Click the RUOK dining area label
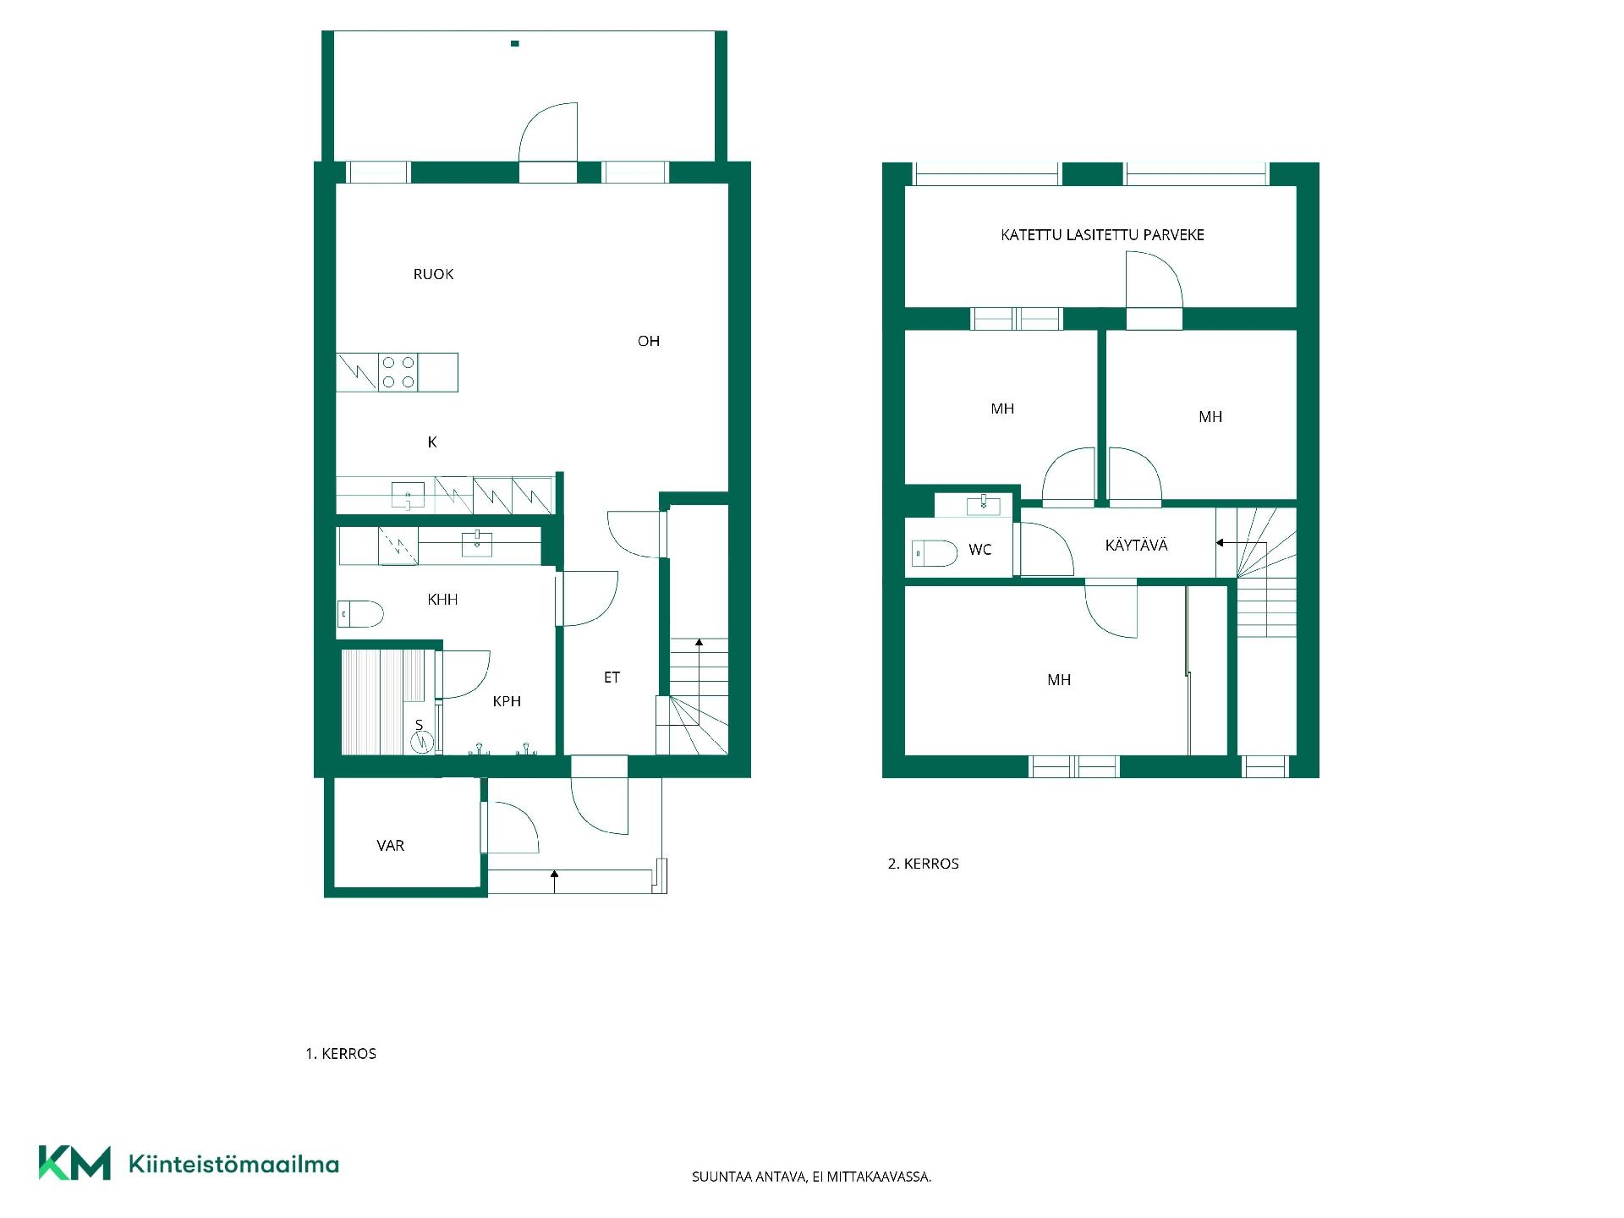tap(433, 274)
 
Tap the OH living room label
tap(649, 341)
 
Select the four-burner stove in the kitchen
tap(398, 372)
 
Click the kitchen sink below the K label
tap(408, 495)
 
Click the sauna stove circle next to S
tap(421, 742)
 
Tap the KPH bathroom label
tap(507, 701)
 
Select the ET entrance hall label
tap(612, 678)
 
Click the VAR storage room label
tap(391, 845)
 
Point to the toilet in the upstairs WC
tap(935, 553)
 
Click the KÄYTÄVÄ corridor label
tap(1137, 546)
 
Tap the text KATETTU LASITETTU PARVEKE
tap(1102, 235)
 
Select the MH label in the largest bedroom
tap(1059, 679)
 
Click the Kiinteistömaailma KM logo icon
tap(74, 1163)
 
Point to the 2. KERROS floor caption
tap(924, 864)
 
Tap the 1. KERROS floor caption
tap(341, 1054)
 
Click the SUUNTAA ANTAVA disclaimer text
tap(812, 1177)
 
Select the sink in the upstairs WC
tap(983, 505)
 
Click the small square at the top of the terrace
tap(515, 43)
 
